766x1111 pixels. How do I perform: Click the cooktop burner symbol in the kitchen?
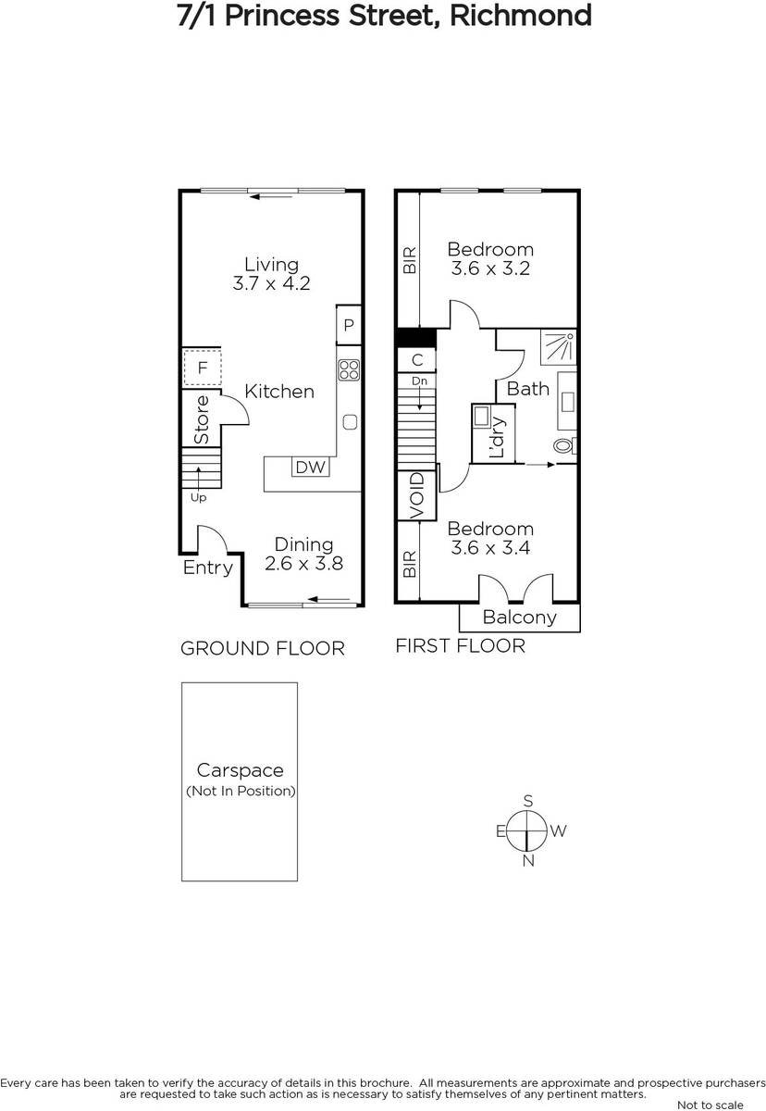pos(349,369)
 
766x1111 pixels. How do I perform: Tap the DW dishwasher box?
pos(311,467)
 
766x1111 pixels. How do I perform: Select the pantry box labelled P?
pos(349,325)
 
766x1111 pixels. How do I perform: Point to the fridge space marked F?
pos(203,368)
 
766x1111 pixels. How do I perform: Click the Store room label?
pos(202,419)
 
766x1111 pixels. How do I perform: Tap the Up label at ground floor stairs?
pos(198,497)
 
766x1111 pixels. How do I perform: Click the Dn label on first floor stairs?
pos(419,381)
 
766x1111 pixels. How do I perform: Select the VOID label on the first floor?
pos(417,495)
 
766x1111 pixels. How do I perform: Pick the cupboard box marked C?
pos(417,359)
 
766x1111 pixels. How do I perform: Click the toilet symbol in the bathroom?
pos(565,445)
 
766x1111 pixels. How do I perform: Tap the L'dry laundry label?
pos(497,436)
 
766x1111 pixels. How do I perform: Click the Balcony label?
pos(519,617)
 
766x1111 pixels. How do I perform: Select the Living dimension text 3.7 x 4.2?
pos(271,283)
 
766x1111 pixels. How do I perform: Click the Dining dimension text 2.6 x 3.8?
pos(303,564)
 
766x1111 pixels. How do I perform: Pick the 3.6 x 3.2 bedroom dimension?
pos(490,268)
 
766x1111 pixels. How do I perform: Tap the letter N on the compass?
pos(528,861)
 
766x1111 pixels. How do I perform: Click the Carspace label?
pos(241,770)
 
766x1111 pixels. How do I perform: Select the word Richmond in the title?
pos(520,16)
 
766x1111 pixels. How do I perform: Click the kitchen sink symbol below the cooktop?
pos(350,421)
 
